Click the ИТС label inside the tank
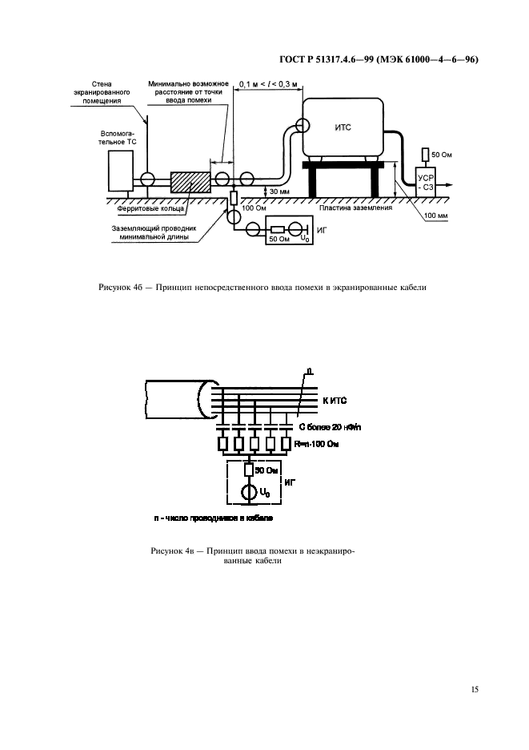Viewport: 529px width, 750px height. coord(343,126)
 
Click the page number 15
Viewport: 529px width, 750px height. coord(475,688)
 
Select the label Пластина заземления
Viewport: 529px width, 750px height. coord(355,208)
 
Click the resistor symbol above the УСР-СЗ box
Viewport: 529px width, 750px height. coord(425,154)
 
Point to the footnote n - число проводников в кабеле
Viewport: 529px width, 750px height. coord(213,518)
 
